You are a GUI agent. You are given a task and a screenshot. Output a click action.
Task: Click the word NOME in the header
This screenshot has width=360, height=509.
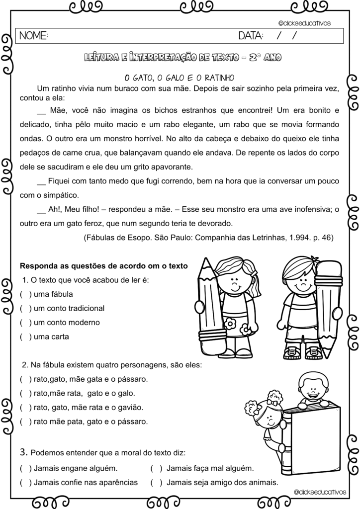pyautogui.click(x=33, y=36)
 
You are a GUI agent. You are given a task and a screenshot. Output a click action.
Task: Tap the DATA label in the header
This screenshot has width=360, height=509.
pyautogui.click(x=252, y=36)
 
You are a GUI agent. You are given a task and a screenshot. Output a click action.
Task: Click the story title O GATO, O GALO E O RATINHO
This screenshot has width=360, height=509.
pyautogui.click(x=179, y=78)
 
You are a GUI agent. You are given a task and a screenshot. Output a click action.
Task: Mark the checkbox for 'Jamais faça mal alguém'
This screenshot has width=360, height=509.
pyautogui.click(x=157, y=468)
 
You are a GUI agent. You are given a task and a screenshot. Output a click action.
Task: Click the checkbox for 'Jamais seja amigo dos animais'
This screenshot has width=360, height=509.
pyautogui.click(x=157, y=482)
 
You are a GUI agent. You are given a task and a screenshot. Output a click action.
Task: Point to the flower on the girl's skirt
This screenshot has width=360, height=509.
pyautogui.click(x=230, y=324)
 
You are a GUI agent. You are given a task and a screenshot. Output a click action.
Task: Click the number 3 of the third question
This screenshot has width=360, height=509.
pyautogui.click(x=23, y=452)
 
